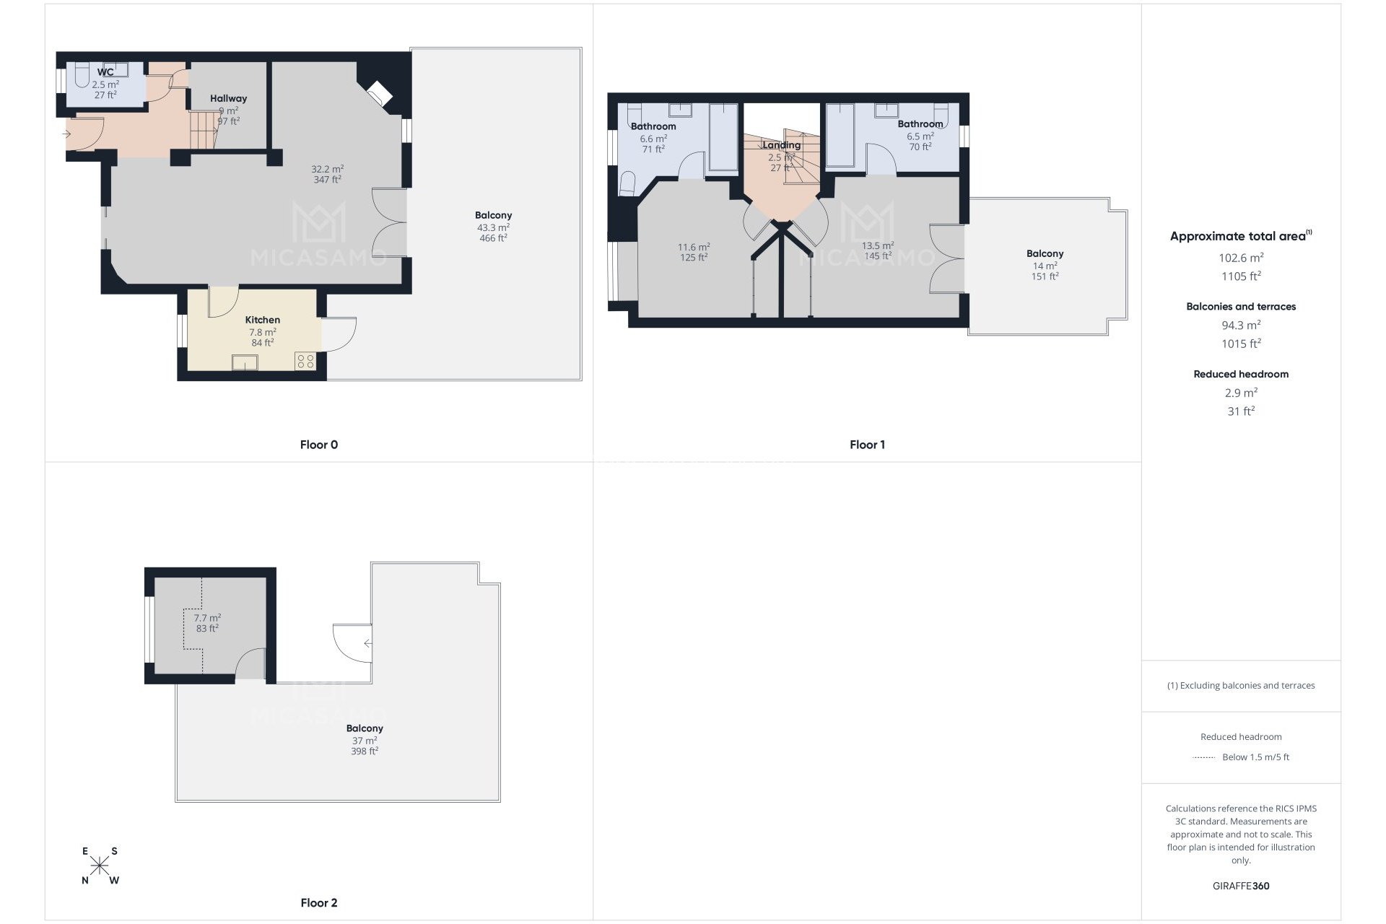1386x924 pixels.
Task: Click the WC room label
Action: (105, 72)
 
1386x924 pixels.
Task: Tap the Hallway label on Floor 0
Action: (228, 98)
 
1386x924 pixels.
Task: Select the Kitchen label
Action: (262, 320)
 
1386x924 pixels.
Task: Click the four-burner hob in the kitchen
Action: (305, 361)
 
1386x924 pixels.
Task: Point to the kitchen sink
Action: (245, 362)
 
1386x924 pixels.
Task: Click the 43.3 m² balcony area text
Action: (493, 227)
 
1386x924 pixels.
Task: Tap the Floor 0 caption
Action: (318, 445)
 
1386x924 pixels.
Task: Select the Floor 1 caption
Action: (867, 445)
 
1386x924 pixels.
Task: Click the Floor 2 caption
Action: (318, 902)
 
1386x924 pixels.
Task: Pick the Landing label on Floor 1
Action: (781, 145)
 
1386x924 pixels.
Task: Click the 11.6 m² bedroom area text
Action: (693, 247)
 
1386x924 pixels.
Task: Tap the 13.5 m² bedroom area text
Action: (878, 245)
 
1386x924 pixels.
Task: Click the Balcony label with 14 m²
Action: (1045, 253)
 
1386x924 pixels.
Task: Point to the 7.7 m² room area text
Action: (207, 618)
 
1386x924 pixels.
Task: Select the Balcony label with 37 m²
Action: (365, 728)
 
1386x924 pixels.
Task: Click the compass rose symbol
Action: (100, 865)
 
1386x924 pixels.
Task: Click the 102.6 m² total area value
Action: (1241, 258)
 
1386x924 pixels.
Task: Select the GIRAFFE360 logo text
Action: (1241, 886)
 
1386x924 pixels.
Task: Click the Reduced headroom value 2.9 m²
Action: (1241, 393)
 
